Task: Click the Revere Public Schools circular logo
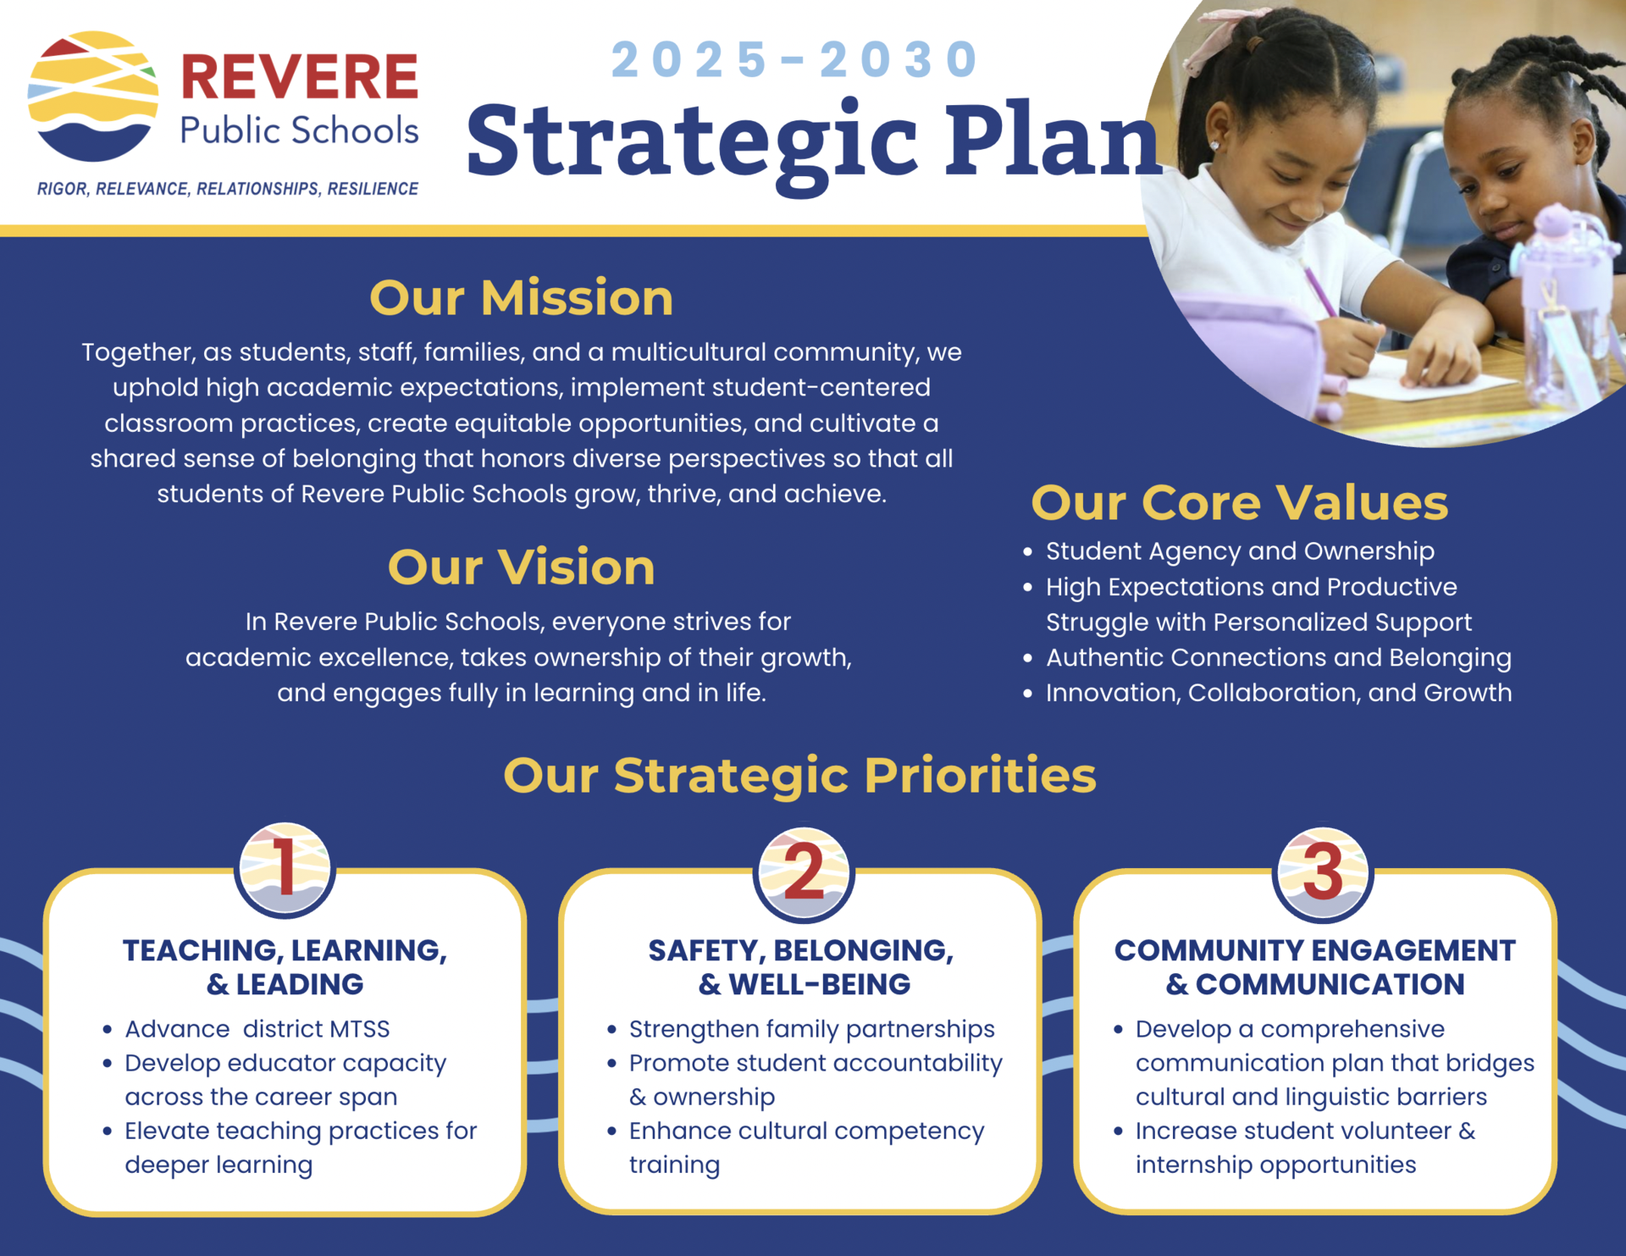click(93, 97)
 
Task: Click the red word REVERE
click(300, 76)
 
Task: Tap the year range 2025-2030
click(794, 60)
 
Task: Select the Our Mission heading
click(521, 298)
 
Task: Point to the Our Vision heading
click(521, 567)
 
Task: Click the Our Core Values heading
click(1239, 502)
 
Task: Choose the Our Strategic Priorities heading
click(799, 775)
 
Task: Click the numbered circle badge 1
click(285, 870)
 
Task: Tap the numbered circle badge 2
click(803, 873)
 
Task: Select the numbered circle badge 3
click(1322, 873)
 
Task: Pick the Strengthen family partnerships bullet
click(802, 1029)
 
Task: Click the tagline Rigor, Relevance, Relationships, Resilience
click(228, 189)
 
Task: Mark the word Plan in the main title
click(1053, 141)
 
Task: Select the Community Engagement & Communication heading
click(1314, 967)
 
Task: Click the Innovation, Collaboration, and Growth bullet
click(1268, 693)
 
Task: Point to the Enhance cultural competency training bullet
click(796, 1148)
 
